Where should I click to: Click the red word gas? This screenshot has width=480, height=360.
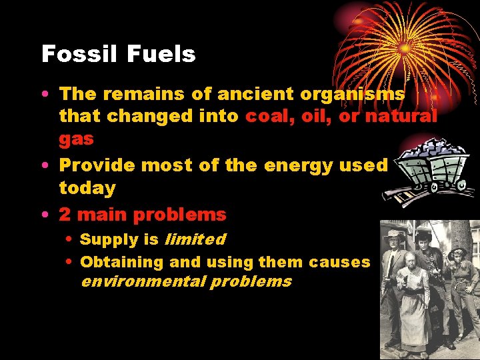[76, 139]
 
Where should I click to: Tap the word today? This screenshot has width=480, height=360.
[87, 188]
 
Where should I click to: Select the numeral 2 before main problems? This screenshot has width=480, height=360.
[65, 215]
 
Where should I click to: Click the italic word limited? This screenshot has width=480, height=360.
[195, 239]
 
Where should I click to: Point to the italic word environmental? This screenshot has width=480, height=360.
[143, 281]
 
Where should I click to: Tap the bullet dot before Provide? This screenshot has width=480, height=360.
[44, 165]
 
